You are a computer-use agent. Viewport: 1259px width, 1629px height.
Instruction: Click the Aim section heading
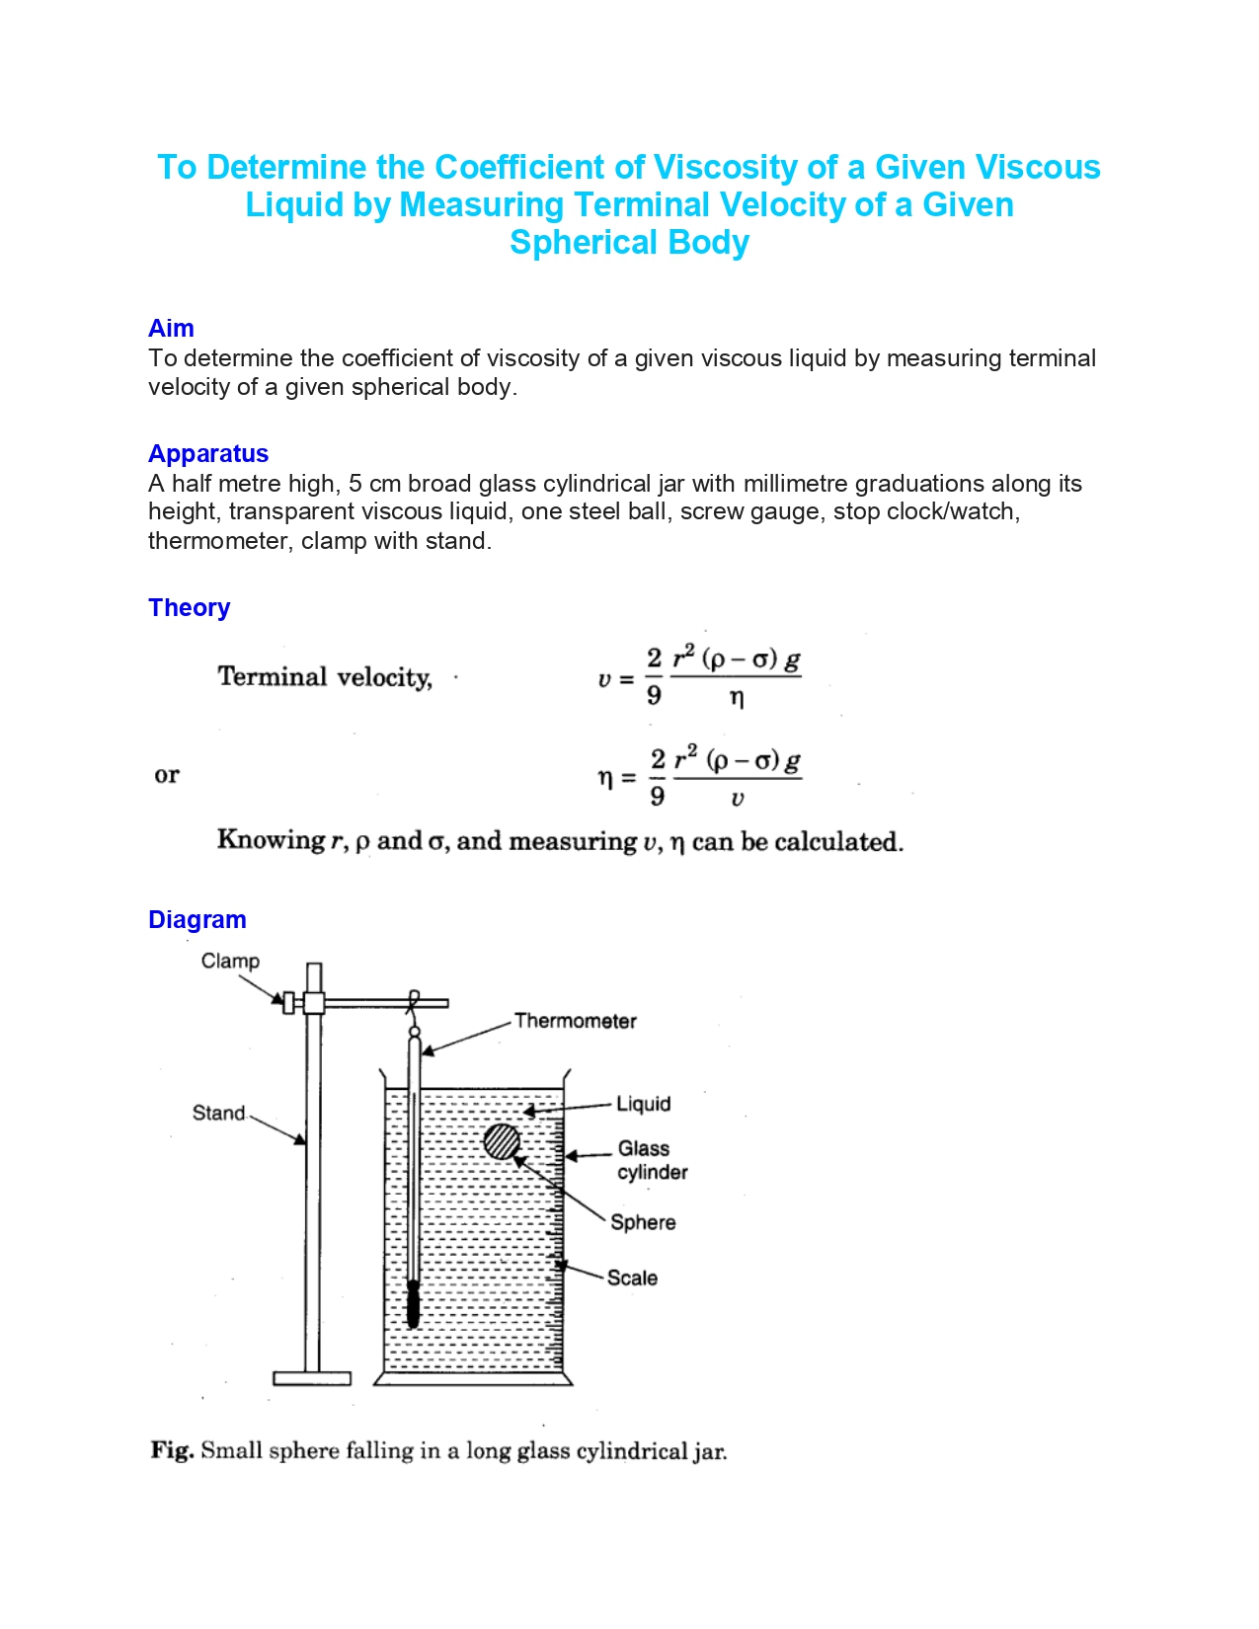coord(171,328)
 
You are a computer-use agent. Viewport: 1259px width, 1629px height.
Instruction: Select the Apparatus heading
coord(208,453)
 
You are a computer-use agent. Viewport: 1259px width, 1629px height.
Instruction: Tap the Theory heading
coord(189,607)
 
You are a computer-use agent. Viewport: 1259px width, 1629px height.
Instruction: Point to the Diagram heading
coord(197,919)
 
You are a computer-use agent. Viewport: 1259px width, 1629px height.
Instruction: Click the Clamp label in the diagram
coord(230,961)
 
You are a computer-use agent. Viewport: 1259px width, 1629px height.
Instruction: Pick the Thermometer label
coord(575,1021)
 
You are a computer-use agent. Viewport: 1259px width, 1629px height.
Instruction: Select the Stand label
coord(218,1113)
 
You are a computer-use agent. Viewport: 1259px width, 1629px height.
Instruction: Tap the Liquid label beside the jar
coord(643,1104)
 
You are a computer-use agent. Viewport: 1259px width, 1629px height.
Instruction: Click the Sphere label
coord(643,1222)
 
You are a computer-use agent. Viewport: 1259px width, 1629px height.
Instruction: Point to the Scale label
coord(632,1278)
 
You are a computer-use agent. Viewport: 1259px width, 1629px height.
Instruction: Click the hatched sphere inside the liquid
coord(502,1141)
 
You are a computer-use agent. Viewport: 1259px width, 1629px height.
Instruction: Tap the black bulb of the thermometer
coord(414,1304)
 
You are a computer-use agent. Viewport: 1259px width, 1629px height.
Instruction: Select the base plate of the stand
coord(312,1378)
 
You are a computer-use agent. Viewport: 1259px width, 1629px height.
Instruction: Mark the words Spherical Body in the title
coord(629,243)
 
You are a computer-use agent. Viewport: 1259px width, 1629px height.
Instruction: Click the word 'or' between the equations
coord(167,775)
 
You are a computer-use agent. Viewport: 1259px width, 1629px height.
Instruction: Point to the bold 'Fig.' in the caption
coord(172,1450)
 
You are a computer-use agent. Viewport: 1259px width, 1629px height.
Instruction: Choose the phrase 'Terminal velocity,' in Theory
coord(325,677)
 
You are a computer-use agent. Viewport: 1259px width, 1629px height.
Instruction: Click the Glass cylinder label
coord(652,1160)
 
